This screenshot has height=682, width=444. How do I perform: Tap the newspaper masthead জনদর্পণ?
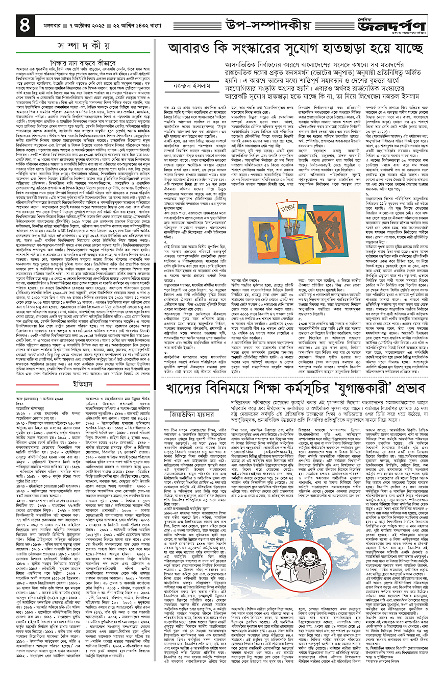(x=402, y=25)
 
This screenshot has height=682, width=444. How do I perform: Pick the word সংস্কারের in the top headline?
(x=273, y=50)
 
